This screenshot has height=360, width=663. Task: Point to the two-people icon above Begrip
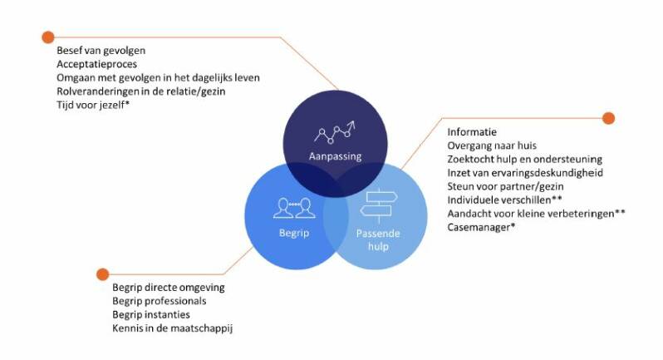tap(292, 205)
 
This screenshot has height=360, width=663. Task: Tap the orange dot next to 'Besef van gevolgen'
tap(47, 37)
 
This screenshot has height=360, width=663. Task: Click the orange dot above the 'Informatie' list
tap(609, 118)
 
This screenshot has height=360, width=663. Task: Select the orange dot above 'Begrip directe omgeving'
tap(103, 274)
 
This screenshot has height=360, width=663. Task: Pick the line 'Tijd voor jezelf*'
tap(91, 104)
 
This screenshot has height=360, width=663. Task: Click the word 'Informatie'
tap(472, 132)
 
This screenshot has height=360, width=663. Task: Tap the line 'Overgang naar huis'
tap(492, 145)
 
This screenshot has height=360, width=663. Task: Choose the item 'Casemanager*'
tap(481, 226)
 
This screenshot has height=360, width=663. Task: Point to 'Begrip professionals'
tap(159, 301)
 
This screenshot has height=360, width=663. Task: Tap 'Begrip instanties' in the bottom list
tap(150, 315)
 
